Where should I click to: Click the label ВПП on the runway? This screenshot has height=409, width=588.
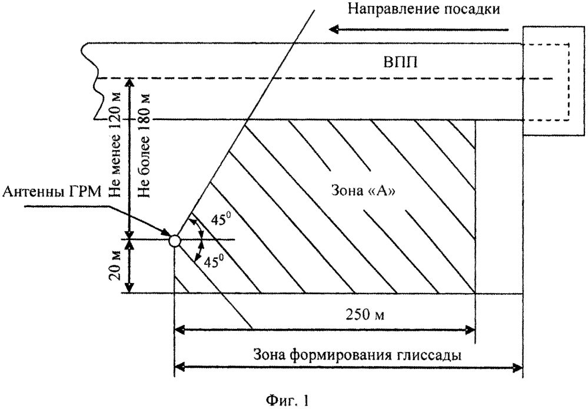pyautogui.click(x=400, y=62)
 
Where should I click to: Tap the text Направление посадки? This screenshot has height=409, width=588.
pyautogui.click(x=424, y=9)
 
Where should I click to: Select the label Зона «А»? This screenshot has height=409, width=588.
pyautogui.click(x=363, y=191)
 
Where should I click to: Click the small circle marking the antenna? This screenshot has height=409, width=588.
pyautogui.click(x=175, y=240)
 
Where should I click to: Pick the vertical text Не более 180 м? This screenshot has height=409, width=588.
pyautogui.click(x=144, y=146)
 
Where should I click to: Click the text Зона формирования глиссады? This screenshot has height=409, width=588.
pyautogui.click(x=357, y=354)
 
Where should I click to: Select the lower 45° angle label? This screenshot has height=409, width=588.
pyautogui.click(x=211, y=261)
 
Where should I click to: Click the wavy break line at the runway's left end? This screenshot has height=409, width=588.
pyautogui.click(x=92, y=81)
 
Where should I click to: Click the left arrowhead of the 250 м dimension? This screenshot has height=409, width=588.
pyautogui.click(x=180, y=330)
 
